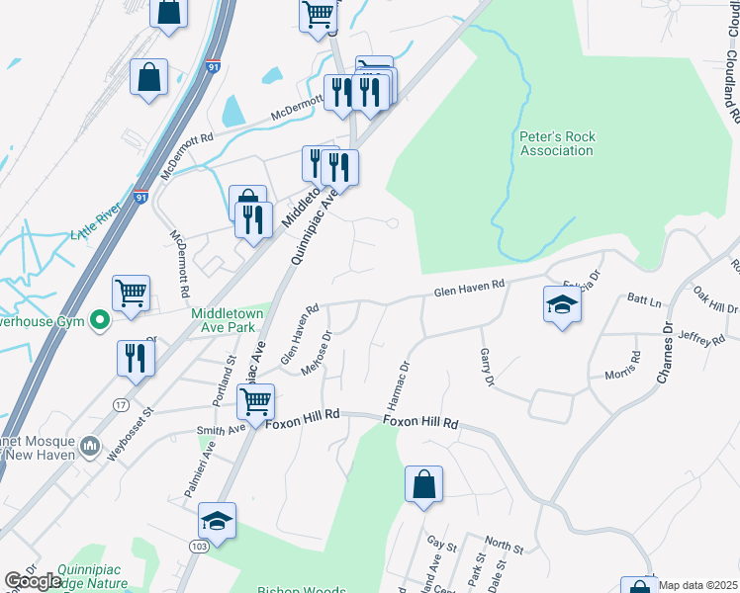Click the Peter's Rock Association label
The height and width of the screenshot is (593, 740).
[x=557, y=143]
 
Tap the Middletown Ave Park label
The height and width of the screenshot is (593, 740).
[x=228, y=320]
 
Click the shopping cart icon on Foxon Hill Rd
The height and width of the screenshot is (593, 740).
[x=256, y=402]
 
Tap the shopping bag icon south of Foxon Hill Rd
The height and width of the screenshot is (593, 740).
[x=423, y=485]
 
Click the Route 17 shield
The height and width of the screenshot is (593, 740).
[x=121, y=405]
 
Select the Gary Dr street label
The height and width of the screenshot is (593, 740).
[x=486, y=367]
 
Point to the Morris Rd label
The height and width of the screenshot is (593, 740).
[x=620, y=367]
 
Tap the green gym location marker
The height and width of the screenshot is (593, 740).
[x=99, y=320]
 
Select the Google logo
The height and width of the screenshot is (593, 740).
[x=33, y=581]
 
